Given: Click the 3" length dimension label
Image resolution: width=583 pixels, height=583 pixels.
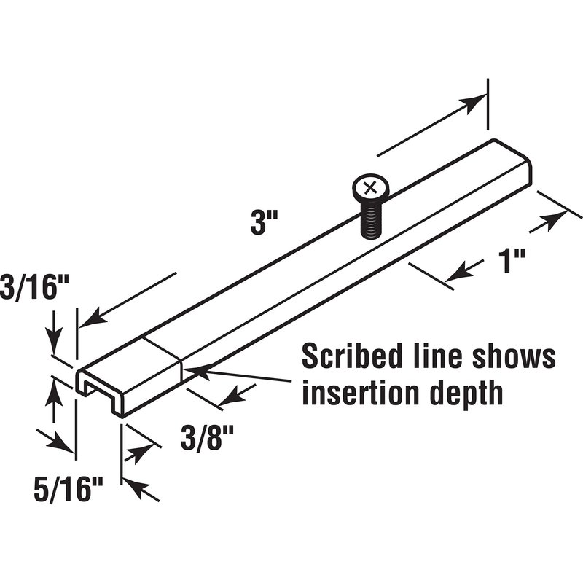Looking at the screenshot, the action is [265, 224].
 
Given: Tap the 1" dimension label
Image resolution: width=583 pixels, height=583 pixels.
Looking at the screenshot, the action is [513, 261].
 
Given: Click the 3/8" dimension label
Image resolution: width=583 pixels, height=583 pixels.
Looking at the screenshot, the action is [207, 438].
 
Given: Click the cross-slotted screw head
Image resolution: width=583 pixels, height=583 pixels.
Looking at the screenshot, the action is [370, 189].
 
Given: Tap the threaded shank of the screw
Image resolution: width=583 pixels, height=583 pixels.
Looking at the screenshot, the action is [370, 222].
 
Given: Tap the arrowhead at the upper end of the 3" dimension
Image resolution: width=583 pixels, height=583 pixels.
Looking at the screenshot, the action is [473, 102].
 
